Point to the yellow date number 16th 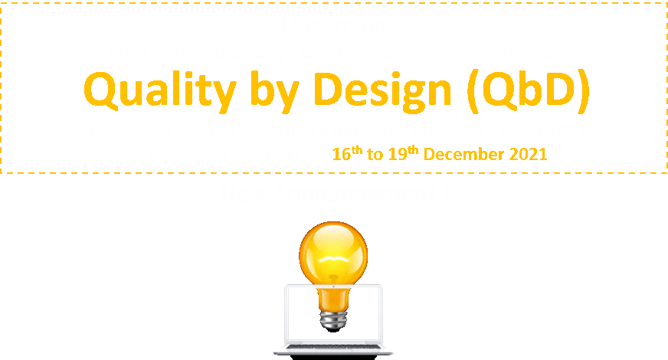[x=346, y=153]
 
